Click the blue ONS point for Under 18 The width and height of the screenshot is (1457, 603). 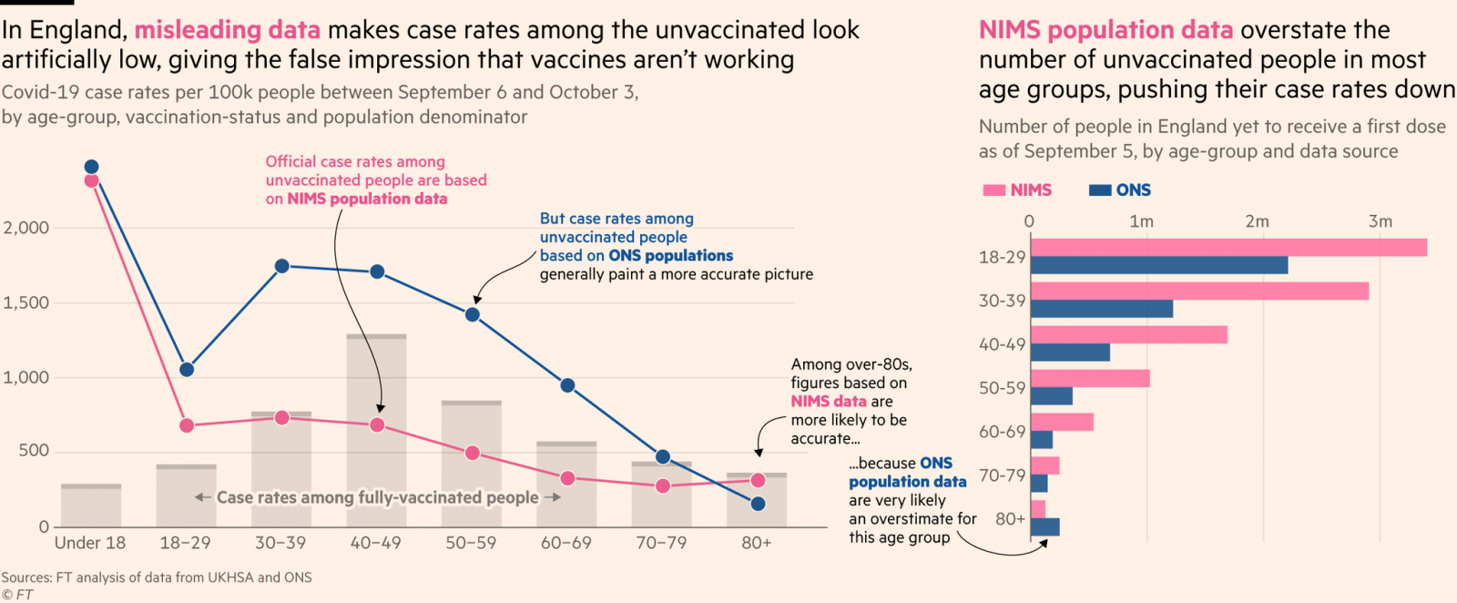point(91,167)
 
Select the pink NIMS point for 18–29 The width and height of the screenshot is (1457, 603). point(187,425)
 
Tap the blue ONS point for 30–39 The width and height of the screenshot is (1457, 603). point(281,266)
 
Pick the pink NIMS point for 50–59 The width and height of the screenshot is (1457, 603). point(472,453)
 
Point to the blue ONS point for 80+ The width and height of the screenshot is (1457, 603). point(758,504)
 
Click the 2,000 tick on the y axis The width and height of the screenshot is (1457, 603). point(26,228)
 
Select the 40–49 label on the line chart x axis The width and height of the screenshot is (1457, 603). point(376,543)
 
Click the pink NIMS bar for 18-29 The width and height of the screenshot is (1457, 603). point(1228,247)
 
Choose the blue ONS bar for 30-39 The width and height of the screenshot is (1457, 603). point(1102,309)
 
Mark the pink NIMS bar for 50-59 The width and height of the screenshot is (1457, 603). point(1089,378)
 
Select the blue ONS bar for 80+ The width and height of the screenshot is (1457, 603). point(1044,526)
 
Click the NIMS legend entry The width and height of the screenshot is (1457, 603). point(1018,190)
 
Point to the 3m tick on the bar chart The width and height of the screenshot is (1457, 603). point(1380,221)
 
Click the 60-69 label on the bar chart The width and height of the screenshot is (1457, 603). point(1002,432)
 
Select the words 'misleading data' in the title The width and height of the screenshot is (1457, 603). point(227,30)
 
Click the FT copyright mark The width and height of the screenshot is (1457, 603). point(17,595)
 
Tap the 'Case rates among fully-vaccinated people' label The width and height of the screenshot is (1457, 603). point(377,497)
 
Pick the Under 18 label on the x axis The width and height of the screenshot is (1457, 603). point(90,543)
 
